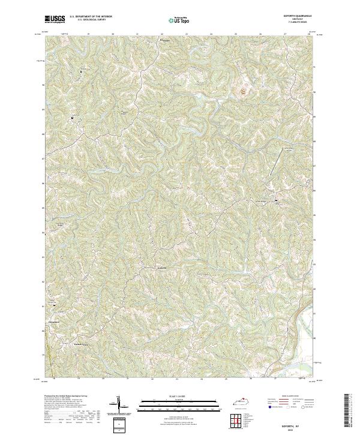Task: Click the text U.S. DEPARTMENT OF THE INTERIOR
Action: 91,16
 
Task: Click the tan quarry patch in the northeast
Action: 244,91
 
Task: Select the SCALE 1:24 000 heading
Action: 179,395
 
